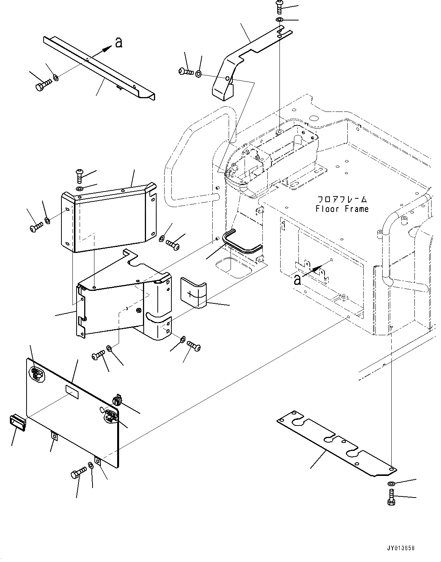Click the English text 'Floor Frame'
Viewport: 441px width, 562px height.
(x=342, y=209)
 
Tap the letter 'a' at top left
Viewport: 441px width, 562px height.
(x=119, y=43)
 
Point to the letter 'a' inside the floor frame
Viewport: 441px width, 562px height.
(x=298, y=279)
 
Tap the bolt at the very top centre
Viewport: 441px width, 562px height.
(x=280, y=6)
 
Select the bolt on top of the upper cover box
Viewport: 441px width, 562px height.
(x=80, y=174)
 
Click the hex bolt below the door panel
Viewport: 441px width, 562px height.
(x=77, y=474)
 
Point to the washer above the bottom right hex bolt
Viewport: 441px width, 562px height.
(x=391, y=484)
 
